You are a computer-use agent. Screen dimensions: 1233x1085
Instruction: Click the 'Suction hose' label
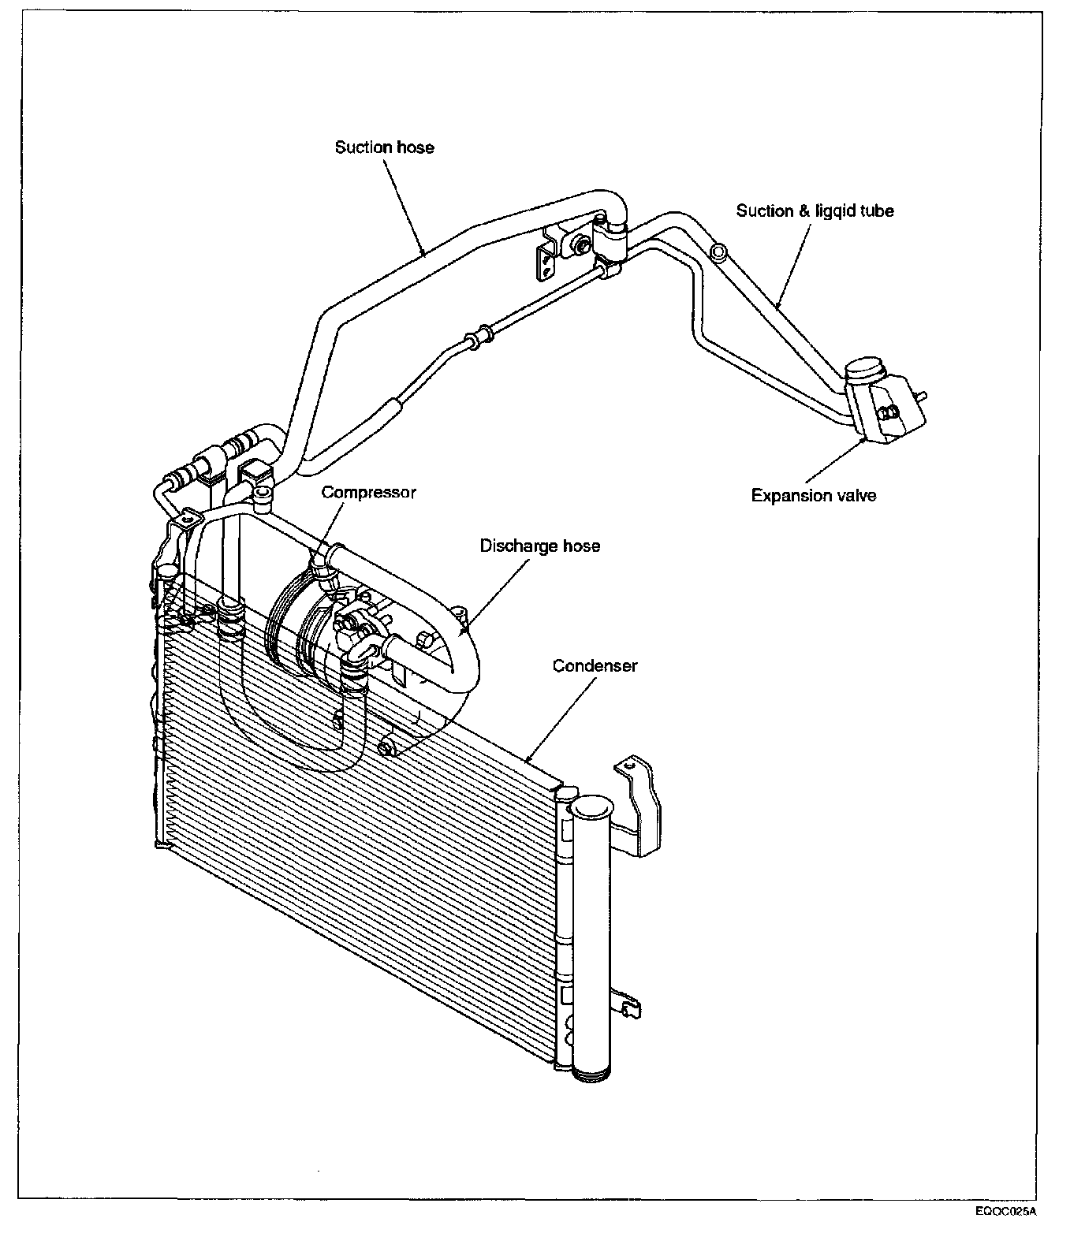point(384,147)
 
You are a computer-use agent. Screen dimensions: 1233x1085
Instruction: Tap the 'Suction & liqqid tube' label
point(815,210)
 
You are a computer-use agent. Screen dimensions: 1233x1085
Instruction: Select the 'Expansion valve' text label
point(813,495)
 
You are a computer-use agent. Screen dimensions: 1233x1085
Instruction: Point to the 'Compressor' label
point(368,492)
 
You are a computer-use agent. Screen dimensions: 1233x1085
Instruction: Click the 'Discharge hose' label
point(539,546)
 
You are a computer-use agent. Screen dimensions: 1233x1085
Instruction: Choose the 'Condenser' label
point(595,665)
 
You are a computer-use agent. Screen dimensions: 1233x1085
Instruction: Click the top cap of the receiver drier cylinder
point(591,807)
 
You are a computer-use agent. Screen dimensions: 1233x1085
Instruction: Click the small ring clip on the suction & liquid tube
point(718,251)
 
